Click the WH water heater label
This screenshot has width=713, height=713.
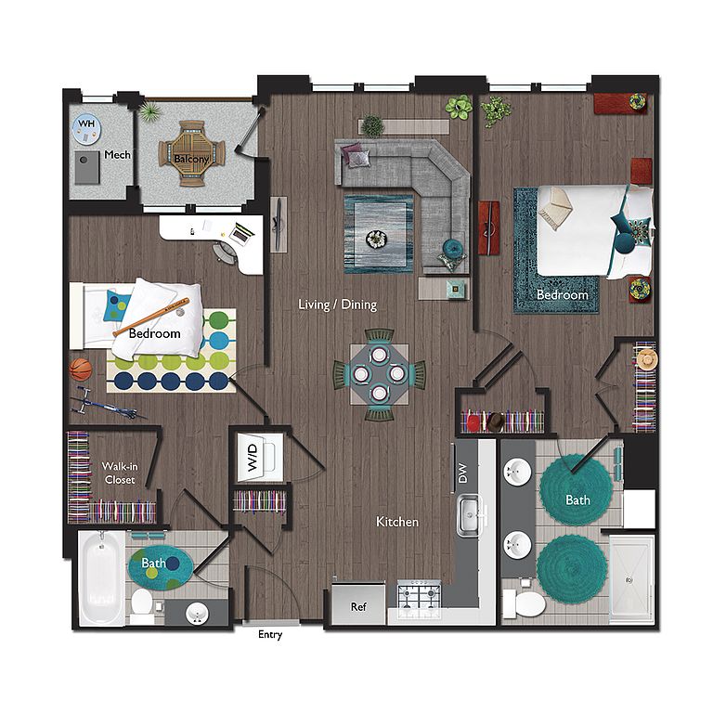coord(86,123)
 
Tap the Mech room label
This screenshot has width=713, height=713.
coord(117,155)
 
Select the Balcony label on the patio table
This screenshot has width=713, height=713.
coord(191,159)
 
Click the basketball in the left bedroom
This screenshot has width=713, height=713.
coord(81,369)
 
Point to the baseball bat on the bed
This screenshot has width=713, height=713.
coord(150,317)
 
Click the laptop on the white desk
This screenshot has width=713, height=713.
coord(241,233)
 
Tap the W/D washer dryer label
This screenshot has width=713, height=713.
coord(252,458)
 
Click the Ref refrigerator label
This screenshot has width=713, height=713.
coord(358,606)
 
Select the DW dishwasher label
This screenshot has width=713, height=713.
coord(462,473)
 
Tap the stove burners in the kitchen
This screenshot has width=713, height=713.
coord(419,594)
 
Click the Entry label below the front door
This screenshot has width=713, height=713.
coord(270,635)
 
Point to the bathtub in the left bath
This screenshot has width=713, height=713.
coord(101,578)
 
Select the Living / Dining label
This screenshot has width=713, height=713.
coord(337,305)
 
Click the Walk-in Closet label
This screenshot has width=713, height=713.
coord(120,473)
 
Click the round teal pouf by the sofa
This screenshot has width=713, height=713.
coord(452,248)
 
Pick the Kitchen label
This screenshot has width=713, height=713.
coord(397,522)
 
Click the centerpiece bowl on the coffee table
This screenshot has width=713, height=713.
coord(377,239)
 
